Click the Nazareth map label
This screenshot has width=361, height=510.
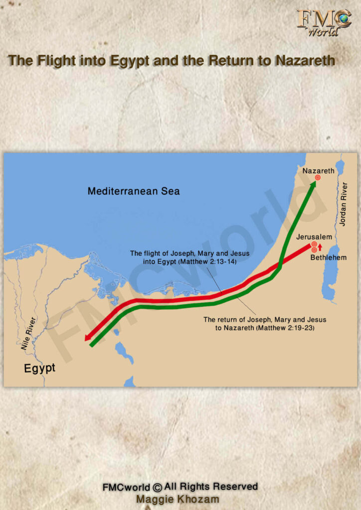[318, 171]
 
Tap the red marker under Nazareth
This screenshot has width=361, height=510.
[317, 178]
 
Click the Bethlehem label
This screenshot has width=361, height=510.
[328, 257]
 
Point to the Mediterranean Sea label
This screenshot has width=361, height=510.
[134, 191]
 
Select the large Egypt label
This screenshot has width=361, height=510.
[40, 369]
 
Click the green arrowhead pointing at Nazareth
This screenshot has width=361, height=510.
[313, 186]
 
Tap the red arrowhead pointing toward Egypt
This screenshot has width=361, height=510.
[88, 339]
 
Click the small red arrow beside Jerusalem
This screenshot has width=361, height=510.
[320, 247]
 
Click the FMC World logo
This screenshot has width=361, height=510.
[324, 22]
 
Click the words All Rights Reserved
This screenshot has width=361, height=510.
[211, 487]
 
